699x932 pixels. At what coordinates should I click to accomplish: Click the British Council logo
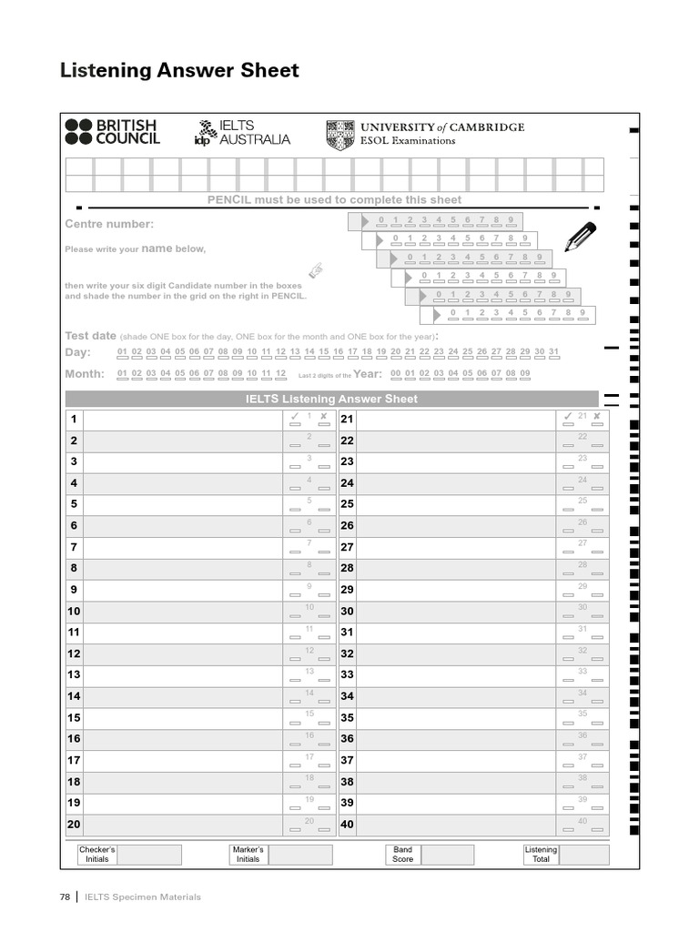pos(111,133)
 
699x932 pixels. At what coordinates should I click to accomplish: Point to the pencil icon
pos(580,236)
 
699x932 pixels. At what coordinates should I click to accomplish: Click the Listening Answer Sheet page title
pos(179,71)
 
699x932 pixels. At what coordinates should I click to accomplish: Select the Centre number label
pos(109,224)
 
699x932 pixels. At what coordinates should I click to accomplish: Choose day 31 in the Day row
pos(553,352)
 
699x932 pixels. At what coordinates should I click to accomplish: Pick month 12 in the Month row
pos(280,374)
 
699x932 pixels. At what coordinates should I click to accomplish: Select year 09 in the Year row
pos(524,374)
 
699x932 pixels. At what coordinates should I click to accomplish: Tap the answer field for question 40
pos(455,825)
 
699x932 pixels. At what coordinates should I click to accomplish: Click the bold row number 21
pos(347,420)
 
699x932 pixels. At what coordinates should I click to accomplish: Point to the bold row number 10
pos(74,612)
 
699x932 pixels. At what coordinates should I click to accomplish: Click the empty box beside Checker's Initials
pos(149,855)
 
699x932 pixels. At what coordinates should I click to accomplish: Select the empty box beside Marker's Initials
pos(300,855)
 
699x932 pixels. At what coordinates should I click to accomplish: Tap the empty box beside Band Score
pos(448,855)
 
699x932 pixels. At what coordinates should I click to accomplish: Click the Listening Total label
pos(541,855)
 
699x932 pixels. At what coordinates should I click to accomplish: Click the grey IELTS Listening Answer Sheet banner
pos(331,399)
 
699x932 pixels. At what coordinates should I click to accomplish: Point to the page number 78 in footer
pos(65,897)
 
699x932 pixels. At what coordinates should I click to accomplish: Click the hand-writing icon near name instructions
pos(316,269)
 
